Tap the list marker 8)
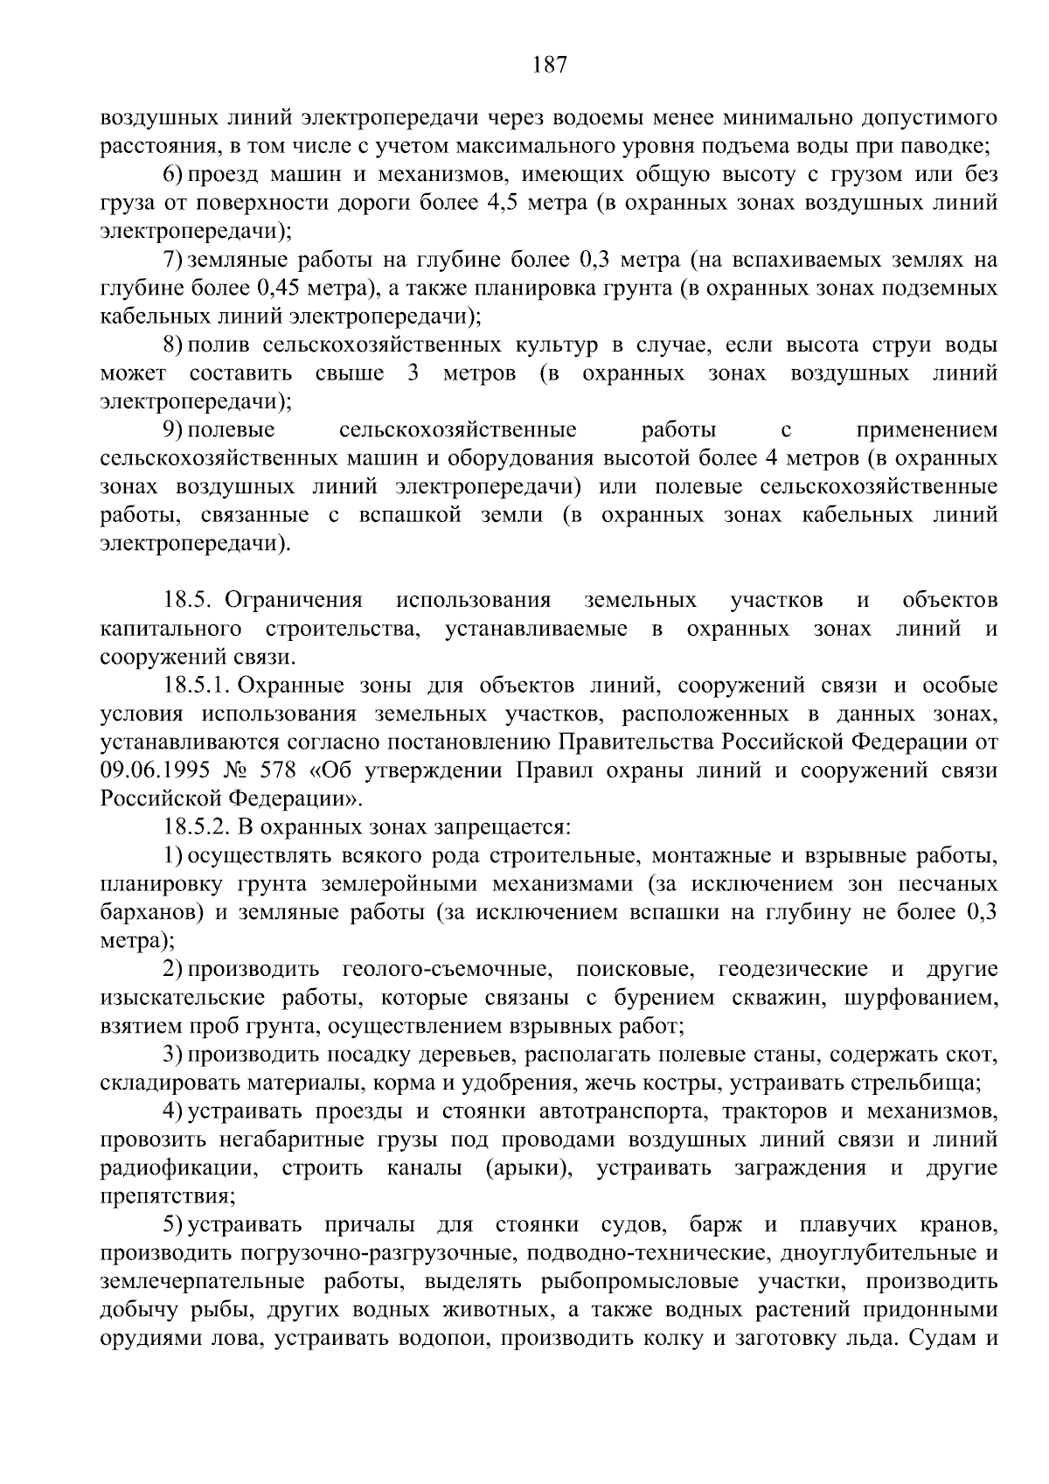173,345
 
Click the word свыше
349,373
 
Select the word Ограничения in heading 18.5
294,600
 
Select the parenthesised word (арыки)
527,1168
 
